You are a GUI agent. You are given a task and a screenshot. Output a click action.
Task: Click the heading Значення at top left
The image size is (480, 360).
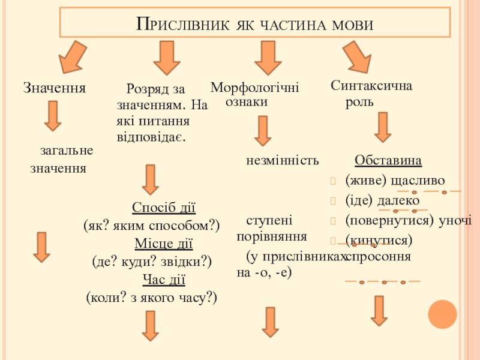55,88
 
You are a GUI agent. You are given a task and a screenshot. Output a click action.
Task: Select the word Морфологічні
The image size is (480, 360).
255,88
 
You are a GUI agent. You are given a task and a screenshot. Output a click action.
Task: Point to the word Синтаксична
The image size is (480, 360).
371,86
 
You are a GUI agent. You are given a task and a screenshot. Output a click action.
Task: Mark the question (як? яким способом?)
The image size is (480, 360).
152,226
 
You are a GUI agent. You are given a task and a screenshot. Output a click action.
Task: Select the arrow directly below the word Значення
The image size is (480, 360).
53,116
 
